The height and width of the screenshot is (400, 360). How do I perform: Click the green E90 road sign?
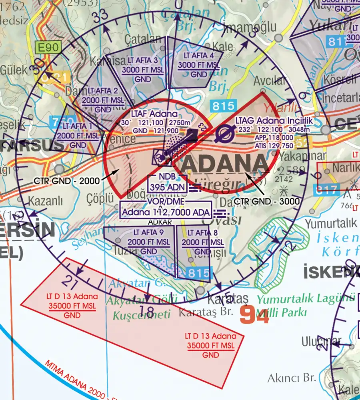click(x=49, y=48)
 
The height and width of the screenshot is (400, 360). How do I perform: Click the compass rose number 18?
click(x=147, y=311)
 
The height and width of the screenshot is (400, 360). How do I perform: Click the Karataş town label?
click(x=228, y=299)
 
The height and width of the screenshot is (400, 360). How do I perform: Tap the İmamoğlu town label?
click(x=251, y=27)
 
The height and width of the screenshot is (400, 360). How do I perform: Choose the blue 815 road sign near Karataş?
click(x=199, y=273)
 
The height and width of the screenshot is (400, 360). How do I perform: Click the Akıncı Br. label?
click(x=292, y=377)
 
